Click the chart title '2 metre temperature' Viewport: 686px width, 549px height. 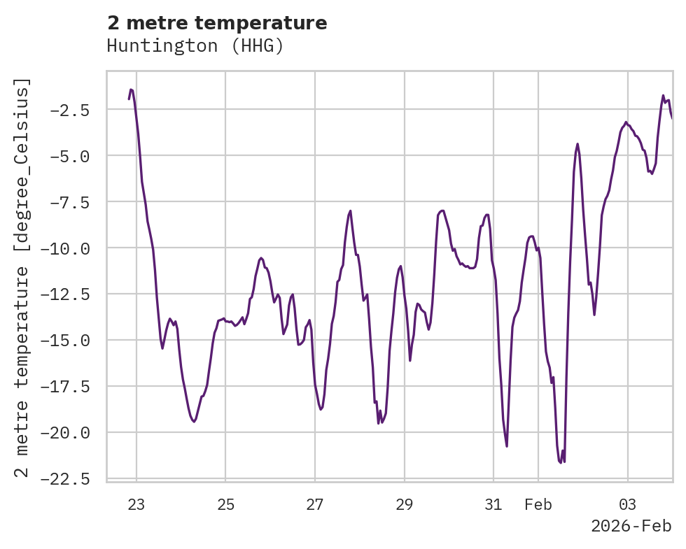click(x=217, y=23)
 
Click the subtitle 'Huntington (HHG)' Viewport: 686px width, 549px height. click(x=195, y=46)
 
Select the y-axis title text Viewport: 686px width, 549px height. click(x=23, y=278)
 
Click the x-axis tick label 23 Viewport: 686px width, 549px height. click(x=136, y=505)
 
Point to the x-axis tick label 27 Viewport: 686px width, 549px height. click(x=315, y=505)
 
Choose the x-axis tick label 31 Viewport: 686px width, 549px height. click(x=493, y=505)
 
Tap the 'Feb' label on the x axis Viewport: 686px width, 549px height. click(x=538, y=505)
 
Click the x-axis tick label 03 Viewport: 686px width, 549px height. click(x=628, y=505)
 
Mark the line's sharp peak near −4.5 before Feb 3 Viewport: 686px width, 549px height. click(x=577, y=144)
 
